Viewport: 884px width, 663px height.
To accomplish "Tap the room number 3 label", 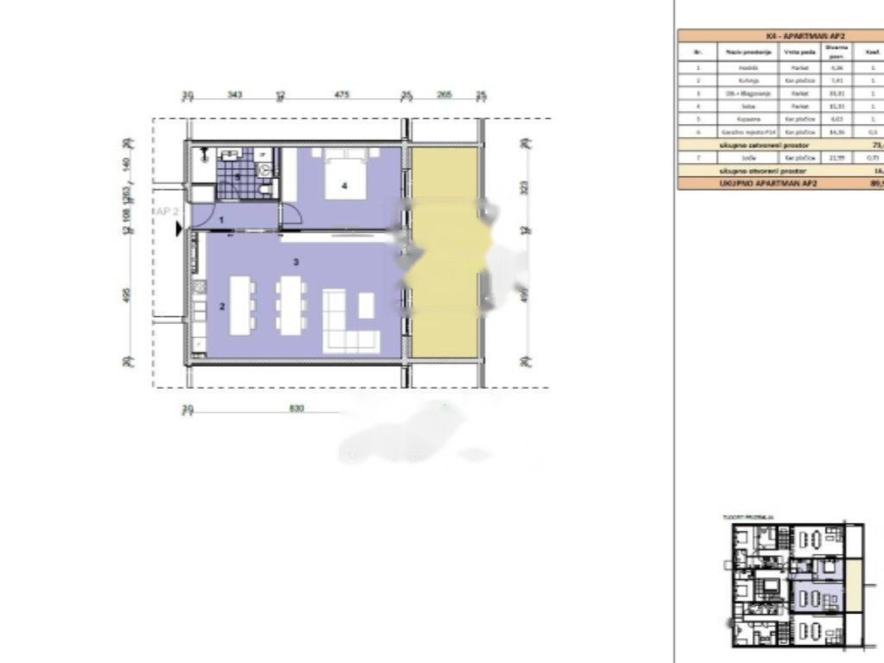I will (x=295, y=262).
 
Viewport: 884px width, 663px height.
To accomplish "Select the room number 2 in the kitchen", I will (x=222, y=306).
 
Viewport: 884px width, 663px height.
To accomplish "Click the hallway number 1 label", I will (x=222, y=221).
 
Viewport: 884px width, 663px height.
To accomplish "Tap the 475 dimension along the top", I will (x=342, y=95).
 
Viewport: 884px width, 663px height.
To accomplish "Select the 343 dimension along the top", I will (x=234, y=95).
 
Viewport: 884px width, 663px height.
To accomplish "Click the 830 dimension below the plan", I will (x=296, y=408).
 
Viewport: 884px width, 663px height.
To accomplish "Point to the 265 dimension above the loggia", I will (x=444, y=95).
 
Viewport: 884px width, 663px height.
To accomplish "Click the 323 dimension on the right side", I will (x=524, y=187).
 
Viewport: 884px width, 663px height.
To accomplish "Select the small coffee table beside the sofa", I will (x=366, y=305).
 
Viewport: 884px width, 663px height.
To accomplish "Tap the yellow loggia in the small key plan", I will (x=853, y=586).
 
